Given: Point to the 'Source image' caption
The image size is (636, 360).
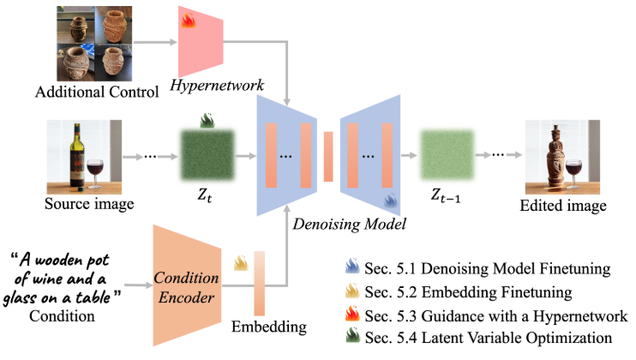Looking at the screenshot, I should (83, 206).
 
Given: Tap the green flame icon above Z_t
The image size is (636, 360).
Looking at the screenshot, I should (207, 121).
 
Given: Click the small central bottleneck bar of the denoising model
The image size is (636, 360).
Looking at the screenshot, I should (328, 156).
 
